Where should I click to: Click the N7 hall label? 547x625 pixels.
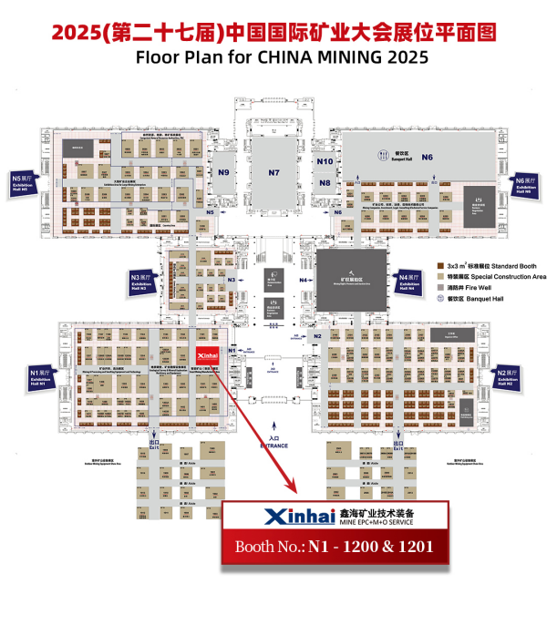pos(273,172)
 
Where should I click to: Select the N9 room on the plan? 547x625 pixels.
pos(223,172)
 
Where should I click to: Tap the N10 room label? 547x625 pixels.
pos(325,161)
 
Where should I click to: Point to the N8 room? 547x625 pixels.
pos(325,182)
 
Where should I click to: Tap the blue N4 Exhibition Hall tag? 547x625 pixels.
pos(410,281)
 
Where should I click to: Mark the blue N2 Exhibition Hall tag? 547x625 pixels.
pos(506,378)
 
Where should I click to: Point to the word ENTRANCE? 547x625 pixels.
pos(273,446)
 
